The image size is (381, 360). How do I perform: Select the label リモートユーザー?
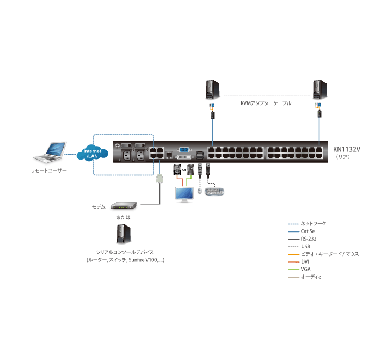tap(49, 170)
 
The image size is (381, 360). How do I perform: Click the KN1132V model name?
tap(347, 148)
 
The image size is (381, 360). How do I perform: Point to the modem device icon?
tap(124, 206)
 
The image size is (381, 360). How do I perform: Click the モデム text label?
tap(98, 207)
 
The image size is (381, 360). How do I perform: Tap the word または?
tap(123, 217)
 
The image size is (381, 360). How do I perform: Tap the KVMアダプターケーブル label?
tap(266, 102)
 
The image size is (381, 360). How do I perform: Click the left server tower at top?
tap(211, 88)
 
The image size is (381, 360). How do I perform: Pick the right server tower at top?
tap(319, 88)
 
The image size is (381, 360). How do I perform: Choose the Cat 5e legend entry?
tap(308, 231)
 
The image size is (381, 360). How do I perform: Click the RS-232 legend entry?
tap(308, 239)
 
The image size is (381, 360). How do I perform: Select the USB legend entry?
tap(306, 246)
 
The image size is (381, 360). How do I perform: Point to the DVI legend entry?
tap(305, 261)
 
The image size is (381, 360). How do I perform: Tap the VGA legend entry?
tap(306, 269)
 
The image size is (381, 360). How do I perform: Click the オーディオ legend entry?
tap(311, 277)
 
